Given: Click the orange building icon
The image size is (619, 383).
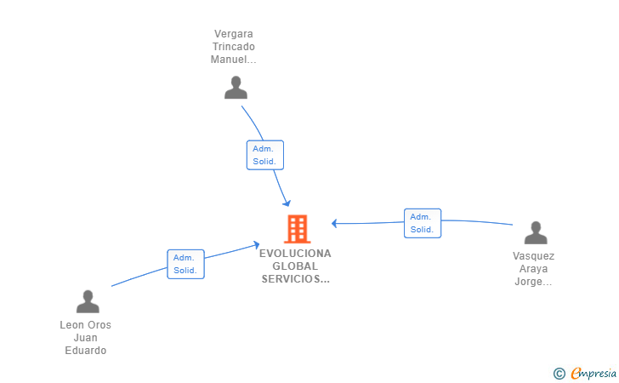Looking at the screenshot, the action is [298, 229].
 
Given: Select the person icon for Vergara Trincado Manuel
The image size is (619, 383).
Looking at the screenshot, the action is [236, 88].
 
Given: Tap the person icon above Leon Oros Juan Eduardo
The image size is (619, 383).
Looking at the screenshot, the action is [88, 301].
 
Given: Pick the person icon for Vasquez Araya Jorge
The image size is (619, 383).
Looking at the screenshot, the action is [536, 233].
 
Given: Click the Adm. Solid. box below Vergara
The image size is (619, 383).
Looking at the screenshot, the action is [265, 155].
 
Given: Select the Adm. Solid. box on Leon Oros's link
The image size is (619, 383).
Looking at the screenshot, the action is [185, 264].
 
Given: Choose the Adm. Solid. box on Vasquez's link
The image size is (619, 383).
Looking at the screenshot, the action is [423, 223].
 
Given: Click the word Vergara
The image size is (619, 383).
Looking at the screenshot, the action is [234, 34].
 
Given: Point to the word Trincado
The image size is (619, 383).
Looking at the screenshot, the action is [234, 47].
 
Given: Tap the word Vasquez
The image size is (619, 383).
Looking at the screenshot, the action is [534, 256].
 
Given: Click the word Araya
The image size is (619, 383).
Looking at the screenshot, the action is [533, 269].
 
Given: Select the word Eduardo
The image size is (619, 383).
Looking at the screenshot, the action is [86, 351].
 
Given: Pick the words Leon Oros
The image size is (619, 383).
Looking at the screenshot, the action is [86, 325].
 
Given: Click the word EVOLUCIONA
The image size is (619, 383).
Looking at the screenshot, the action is [295, 254].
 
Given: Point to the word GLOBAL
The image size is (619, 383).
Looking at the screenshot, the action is [295, 266].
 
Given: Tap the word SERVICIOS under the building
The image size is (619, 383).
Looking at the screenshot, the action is [292, 279].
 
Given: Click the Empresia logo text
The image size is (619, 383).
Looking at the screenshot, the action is [593, 373].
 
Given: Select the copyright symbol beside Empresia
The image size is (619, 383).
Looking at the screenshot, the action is [559, 374].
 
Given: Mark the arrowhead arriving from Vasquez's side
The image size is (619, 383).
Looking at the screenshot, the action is [334, 224].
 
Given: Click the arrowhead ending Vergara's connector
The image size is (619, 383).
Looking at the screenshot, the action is [287, 203].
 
